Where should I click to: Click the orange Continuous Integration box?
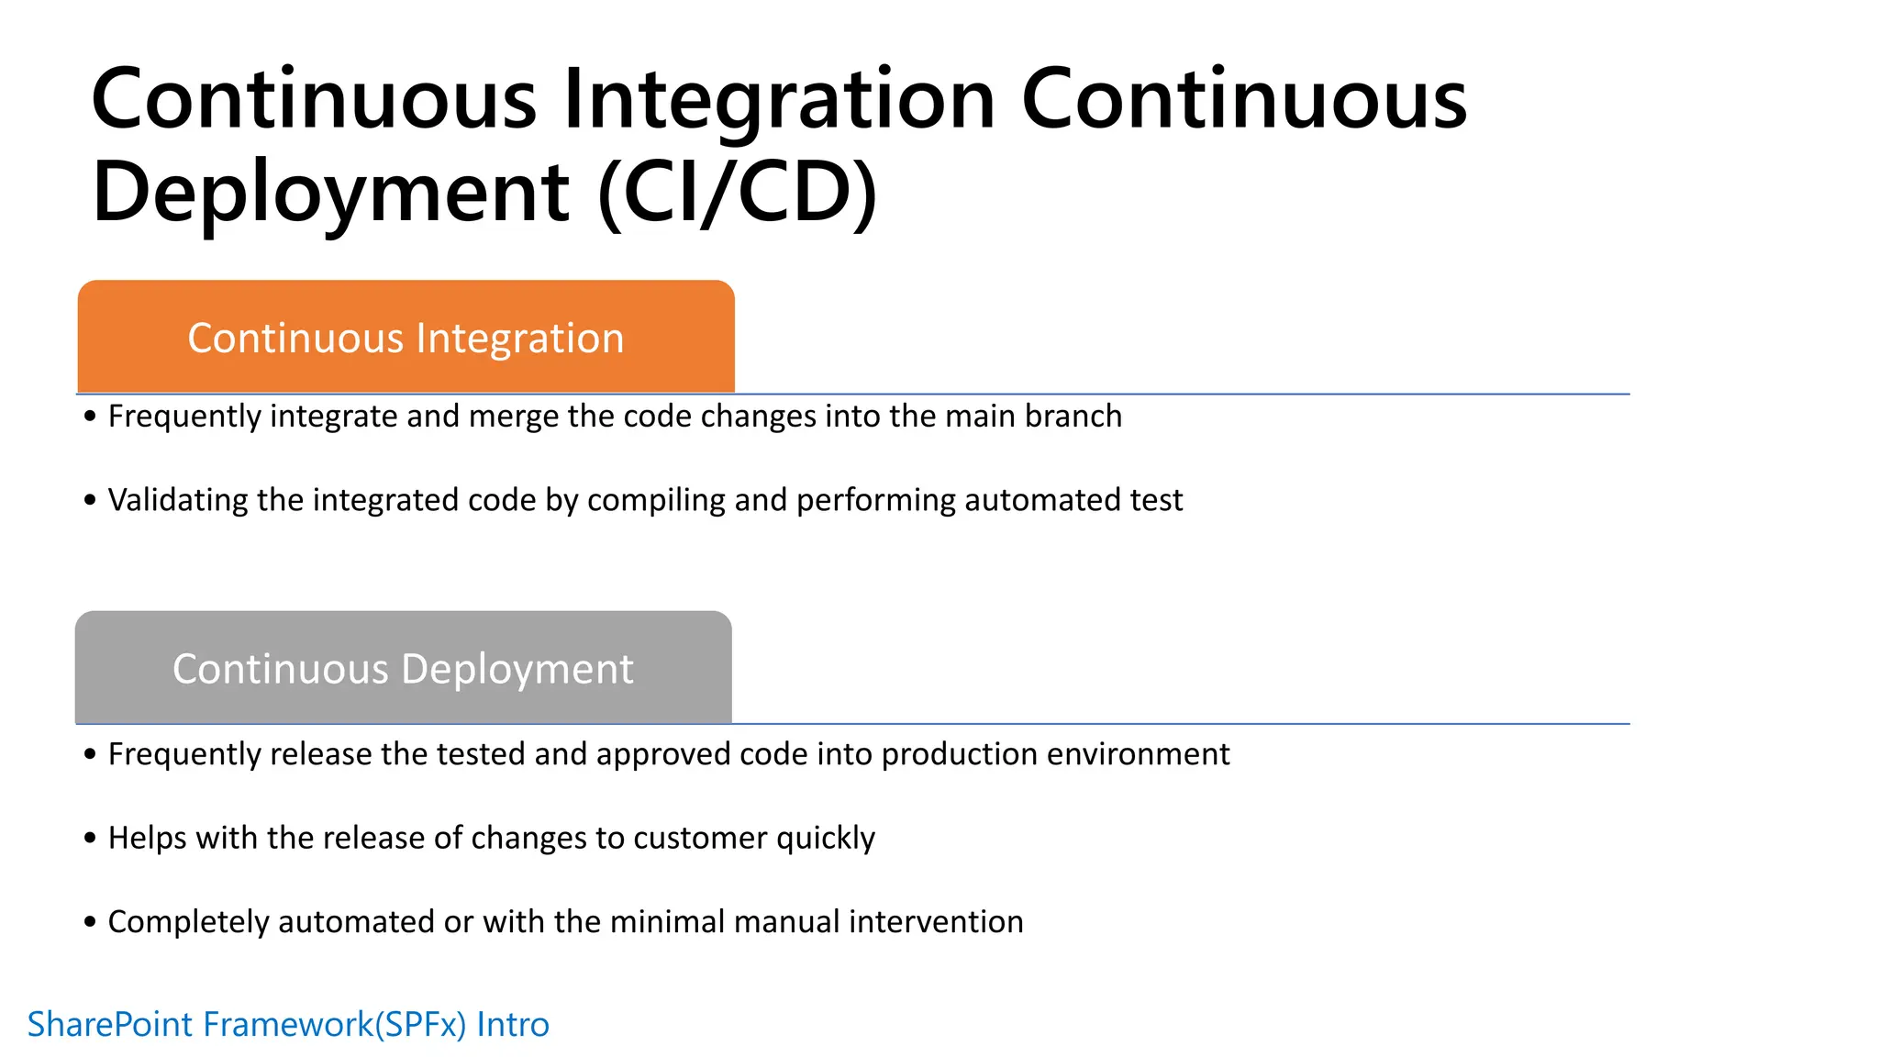406,338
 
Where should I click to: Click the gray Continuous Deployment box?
403,668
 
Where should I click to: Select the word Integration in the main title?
779,99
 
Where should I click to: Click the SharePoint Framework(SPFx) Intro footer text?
288,1024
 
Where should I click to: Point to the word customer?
700,838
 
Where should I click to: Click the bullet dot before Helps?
90,838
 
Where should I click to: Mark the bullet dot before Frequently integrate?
90,417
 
